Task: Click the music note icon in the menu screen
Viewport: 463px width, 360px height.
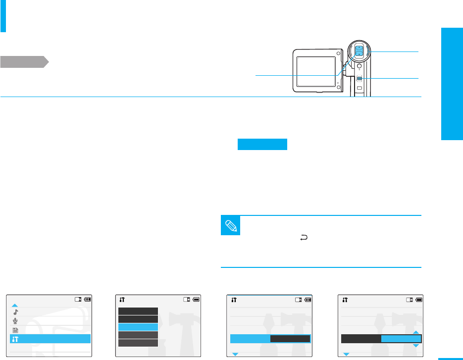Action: tap(15, 312)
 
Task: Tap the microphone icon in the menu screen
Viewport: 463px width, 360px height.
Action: tap(15, 321)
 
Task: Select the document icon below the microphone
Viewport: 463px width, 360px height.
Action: tap(15, 330)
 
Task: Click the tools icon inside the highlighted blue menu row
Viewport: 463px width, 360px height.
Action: tap(15, 339)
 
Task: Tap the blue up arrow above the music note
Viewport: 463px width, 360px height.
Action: tap(15, 306)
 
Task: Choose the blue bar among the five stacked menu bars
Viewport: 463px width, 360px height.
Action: tap(138, 327)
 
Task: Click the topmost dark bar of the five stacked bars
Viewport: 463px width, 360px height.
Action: tap(138, 310)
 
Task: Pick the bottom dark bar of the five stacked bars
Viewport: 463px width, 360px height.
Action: tap(138, 343)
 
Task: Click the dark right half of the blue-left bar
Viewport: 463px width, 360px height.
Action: tap(290, 339)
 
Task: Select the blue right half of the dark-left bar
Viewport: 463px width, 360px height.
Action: tap(401, 339)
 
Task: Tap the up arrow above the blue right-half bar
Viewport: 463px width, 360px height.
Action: tap(415, 332)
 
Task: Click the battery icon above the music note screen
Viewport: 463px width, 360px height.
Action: tap(88, 299)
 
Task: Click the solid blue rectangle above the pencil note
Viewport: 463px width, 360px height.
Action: tap(262, 145)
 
